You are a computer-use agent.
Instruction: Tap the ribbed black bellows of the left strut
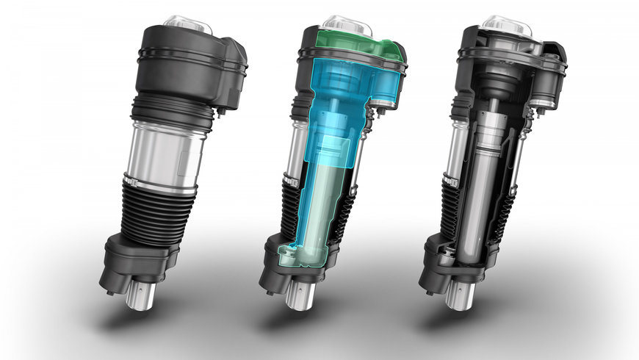(x=151, y=213)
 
